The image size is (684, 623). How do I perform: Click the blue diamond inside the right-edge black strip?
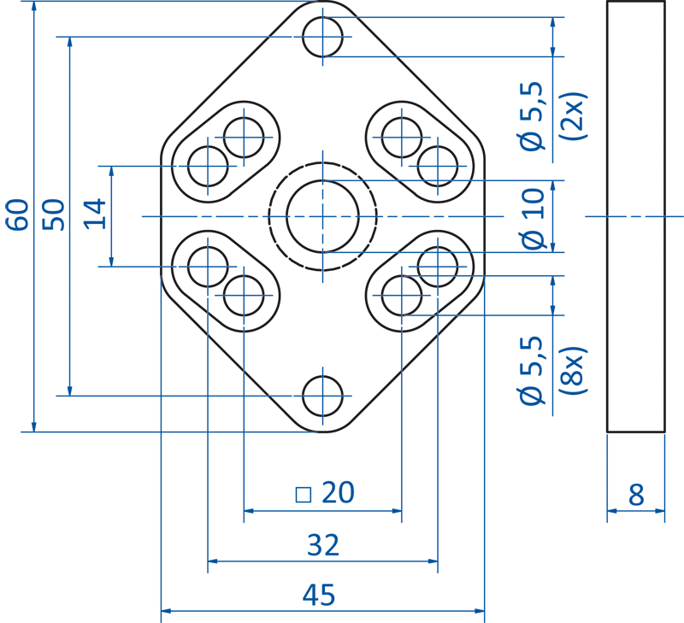(634, 216)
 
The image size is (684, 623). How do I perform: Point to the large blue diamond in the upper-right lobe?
(400, 137)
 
